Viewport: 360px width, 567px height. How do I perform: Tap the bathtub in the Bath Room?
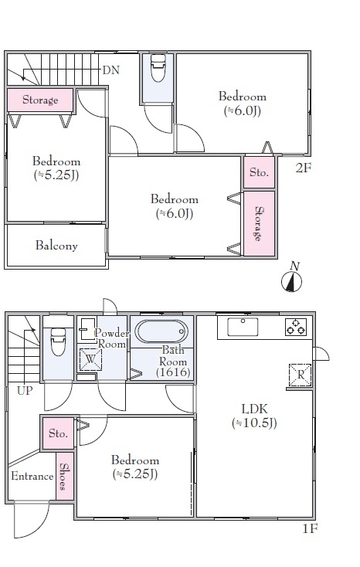[161, 331]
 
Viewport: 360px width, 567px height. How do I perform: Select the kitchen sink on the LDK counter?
[243, 327]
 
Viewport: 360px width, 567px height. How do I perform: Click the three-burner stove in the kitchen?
[296, 327]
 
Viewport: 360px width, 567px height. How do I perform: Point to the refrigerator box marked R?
[300, 375]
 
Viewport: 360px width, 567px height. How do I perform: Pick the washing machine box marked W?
[90, 359]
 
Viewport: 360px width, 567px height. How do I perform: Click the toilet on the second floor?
[158, 68]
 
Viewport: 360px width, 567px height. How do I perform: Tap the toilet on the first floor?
[58, 341]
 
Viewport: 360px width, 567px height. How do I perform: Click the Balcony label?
[56, 246]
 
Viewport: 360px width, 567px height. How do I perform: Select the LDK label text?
[255, 409]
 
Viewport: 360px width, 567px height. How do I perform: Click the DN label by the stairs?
[110, 70]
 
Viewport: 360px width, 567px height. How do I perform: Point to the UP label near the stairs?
[25, 391]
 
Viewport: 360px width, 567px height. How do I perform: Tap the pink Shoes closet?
[65, 477]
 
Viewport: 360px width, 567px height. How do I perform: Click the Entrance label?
[32, 476]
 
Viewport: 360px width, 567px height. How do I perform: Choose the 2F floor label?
[303, 168]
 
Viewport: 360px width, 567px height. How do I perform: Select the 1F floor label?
[310, 529]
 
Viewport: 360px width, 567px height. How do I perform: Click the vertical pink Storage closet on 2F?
[259, 223]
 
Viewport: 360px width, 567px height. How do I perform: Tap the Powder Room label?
[111, 338]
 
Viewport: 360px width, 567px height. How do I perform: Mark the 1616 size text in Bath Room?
[173, 372]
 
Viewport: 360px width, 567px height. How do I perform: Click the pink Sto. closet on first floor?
[58, 433]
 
